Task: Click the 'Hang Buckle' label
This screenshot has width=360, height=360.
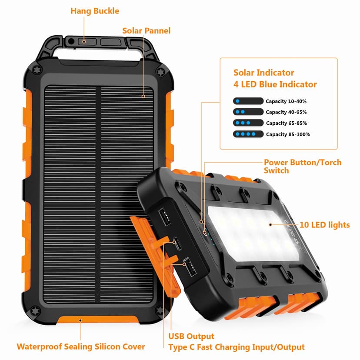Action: [x=94, y=10]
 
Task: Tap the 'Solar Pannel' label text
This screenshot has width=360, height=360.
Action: [x=146, y=30]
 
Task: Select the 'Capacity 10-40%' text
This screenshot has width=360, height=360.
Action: [x=286, y=101]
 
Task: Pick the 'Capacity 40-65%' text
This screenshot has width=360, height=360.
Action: [x=286, y=112]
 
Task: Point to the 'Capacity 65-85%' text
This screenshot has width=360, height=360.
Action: [x=286, y=123]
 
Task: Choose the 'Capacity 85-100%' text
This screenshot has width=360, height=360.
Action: [x=288, y=134]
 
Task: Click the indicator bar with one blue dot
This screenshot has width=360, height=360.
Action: [x=248, y=101]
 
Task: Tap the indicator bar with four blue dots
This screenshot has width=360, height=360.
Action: [x=248, y=134]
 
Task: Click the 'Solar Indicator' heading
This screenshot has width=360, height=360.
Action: [x=263, y=73]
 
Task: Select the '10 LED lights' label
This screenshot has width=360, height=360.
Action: [x=324, y=225]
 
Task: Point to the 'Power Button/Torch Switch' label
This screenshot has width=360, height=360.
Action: [x=303, y=166]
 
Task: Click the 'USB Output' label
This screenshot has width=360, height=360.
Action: [x=191, y=336]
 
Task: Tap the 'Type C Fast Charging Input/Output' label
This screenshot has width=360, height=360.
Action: [x=236, y=347]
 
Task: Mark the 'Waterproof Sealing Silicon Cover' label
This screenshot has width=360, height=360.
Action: [x=81, y=347]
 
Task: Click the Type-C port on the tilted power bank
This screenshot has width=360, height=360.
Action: [x=178, y=242]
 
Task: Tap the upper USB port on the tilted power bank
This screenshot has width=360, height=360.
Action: [x=166, y=216]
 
